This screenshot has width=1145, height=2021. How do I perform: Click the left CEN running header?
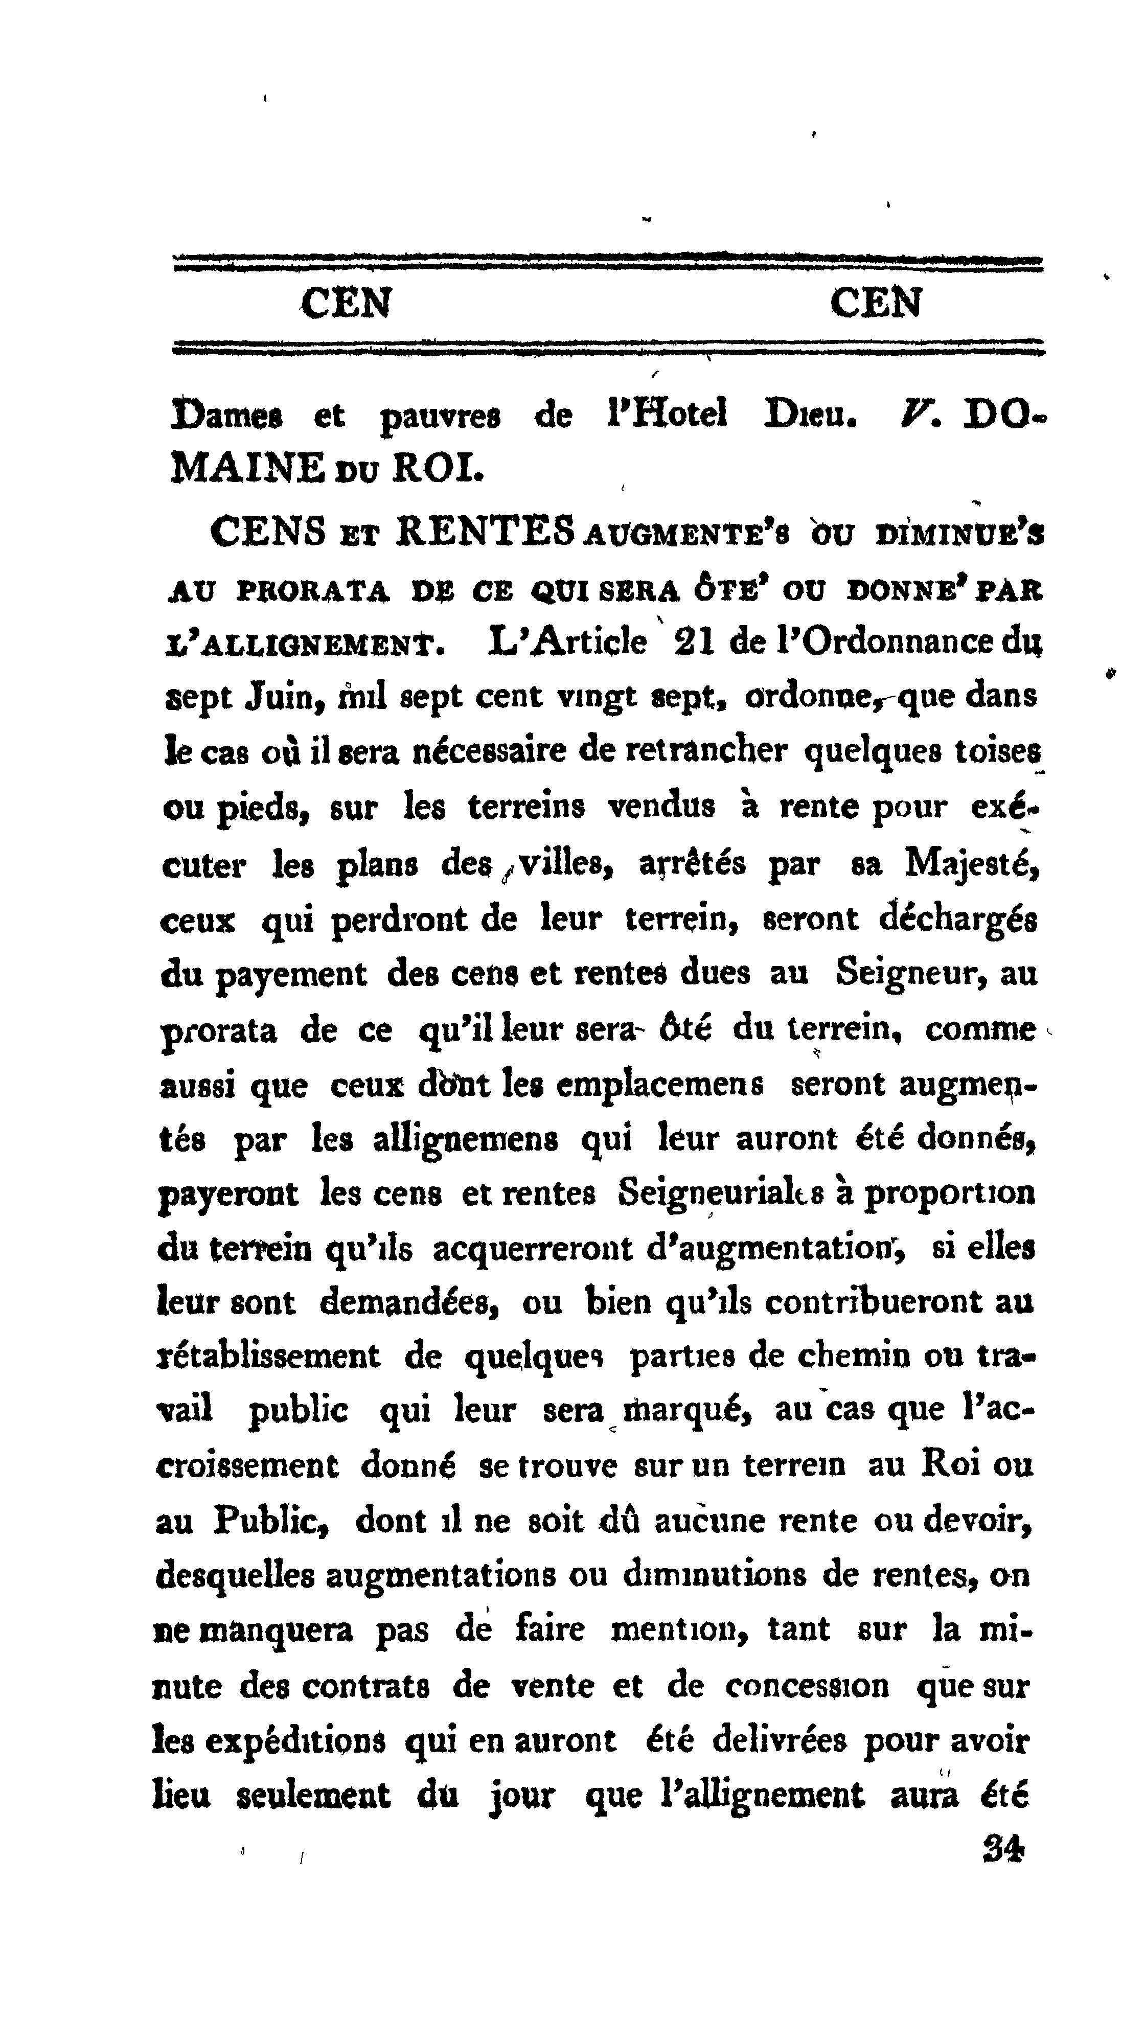346,303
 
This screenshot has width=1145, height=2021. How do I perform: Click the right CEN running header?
875,303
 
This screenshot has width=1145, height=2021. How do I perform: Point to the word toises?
997,751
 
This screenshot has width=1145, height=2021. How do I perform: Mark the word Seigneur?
912,974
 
